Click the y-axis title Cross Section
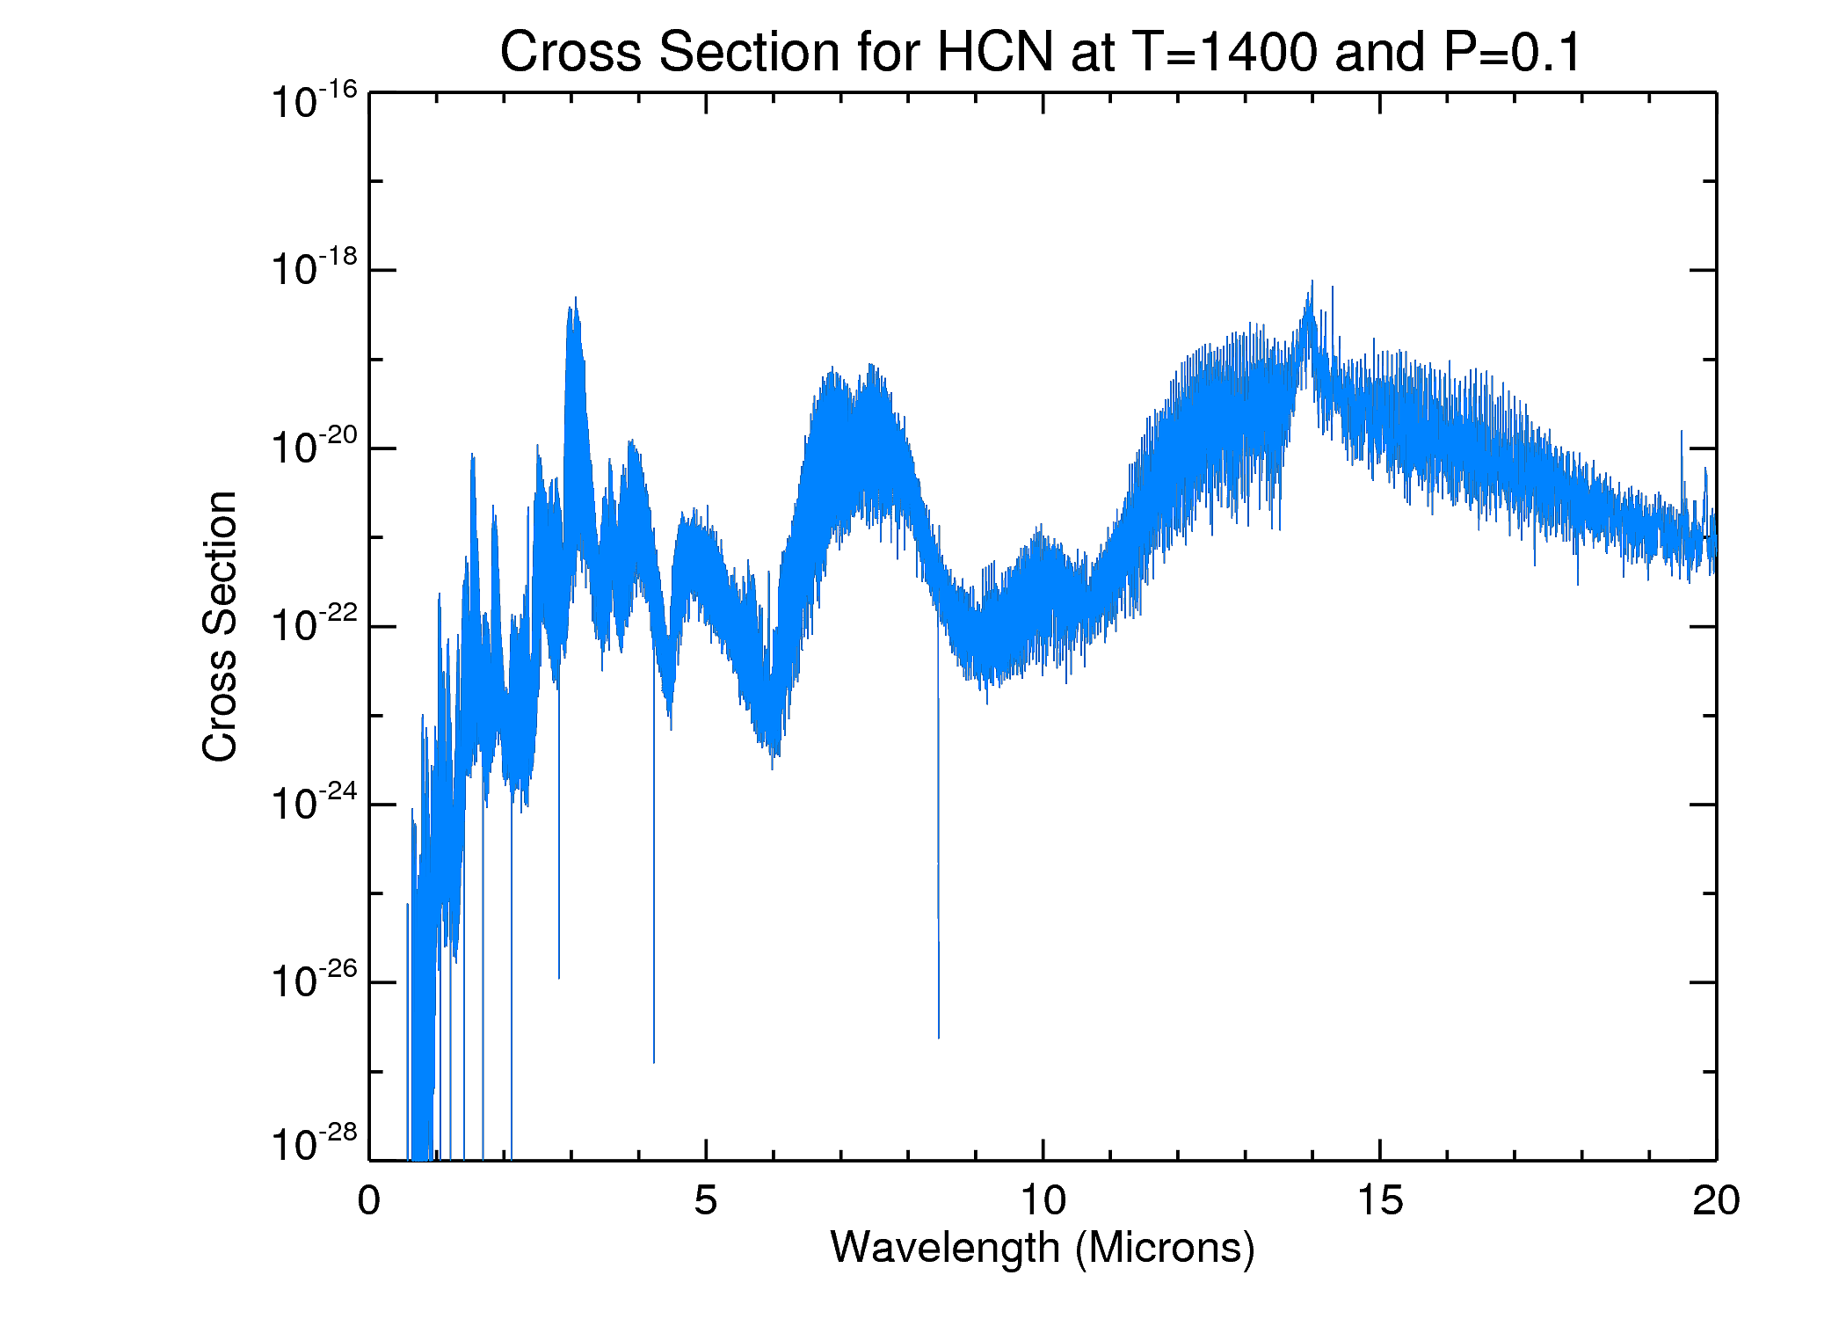(220, 626)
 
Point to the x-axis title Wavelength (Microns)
(1043, 1247)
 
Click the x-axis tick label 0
(369, 1200)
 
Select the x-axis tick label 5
(706, 1200)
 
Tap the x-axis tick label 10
(1043, 1200)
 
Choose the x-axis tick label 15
(1379, 1200)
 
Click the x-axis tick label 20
(1715, 1200)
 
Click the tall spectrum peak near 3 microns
(576, 299)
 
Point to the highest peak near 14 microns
(1312, 283)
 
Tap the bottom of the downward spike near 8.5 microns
(939, 1036)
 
